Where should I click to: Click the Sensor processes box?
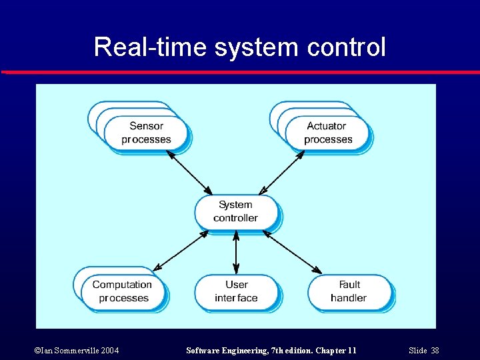[146, 133]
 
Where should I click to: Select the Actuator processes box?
[327, 133]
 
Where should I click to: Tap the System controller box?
[235, 211]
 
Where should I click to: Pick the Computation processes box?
[123, 291]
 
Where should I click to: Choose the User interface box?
[236, 291]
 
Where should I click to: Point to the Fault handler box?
[349, 291]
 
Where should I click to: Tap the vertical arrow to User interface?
[236, 252]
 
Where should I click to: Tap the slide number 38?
[435, 351]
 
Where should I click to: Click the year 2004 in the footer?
[108, 351]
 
